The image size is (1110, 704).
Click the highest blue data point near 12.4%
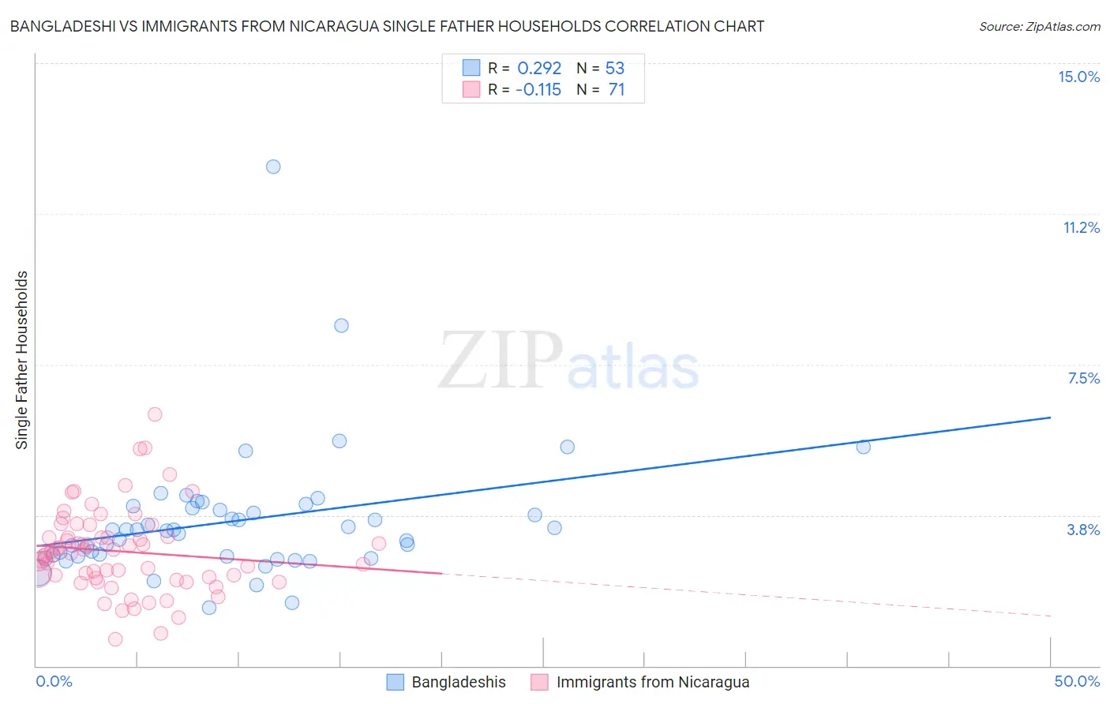tap(273, 167)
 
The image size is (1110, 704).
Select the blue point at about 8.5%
tap(341, 325)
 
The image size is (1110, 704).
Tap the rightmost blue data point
tap(863, 447)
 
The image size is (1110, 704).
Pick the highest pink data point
tap(155, 414)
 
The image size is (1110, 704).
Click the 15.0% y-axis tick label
tap(1078, 77)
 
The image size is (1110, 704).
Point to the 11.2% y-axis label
tap(1081, 227)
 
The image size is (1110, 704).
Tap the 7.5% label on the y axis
tap(1083, 378)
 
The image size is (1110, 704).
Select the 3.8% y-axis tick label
tap(1083, 530)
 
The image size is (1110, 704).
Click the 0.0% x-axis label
tap(54, 681)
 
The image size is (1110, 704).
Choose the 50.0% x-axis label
tap(1077, 681)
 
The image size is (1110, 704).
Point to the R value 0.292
tap(539, 69)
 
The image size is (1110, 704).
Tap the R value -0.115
tap(538, 89)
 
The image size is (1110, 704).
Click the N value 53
tap(615, 69)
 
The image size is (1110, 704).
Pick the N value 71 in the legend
tap(617, 89)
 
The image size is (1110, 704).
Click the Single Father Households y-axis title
tap(22, 360)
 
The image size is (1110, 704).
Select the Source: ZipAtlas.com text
tap(1039, 26)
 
